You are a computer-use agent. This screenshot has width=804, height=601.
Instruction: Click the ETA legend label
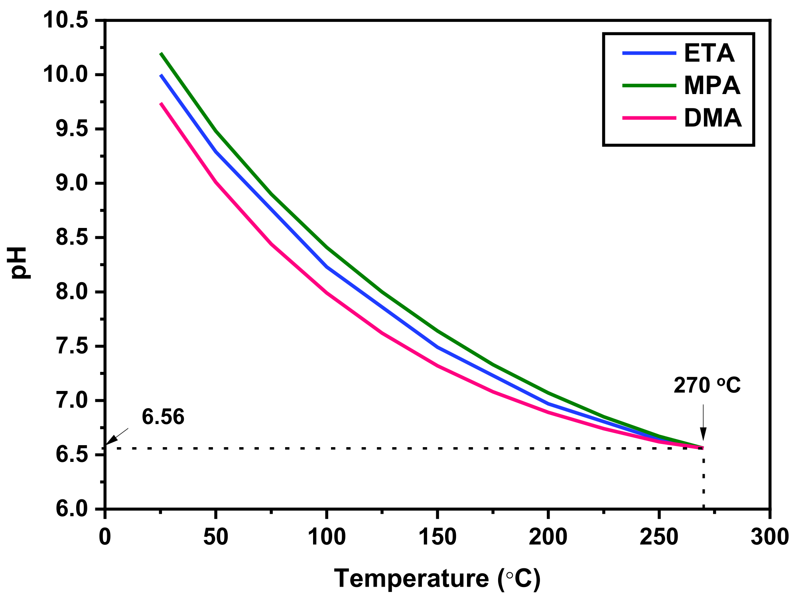pyautogui.click(x=709, y=53)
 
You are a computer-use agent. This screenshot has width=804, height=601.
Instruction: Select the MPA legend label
pyautogui.click(x=712, y=85)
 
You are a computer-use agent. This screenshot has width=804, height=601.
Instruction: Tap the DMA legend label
pyautogui.click(x=713, y=118)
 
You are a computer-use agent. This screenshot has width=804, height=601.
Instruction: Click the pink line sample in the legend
pyautogui.click(x=649, y=118)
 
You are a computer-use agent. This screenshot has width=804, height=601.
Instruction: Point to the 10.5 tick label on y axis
pyautogui.click(x=66, y=20)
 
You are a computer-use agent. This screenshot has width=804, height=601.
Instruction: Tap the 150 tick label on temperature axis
pyautogui.click(x=437, y=537)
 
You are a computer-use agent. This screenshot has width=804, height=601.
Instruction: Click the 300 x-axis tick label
pyautogui.click(x=770, y=537)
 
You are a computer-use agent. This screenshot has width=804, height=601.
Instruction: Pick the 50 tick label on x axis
pyautogui.click(x=215, y=537)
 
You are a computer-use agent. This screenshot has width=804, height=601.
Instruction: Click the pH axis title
pyautogui.click(x=19, y=263)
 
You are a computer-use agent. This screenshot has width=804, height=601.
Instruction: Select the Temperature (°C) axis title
pyautogui.click(x=437, y=578)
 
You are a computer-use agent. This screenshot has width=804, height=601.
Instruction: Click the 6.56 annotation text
pyautogui.click(x=163, y=417)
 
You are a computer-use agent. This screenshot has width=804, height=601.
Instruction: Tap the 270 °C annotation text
pyautogui.click(x=707, y=385)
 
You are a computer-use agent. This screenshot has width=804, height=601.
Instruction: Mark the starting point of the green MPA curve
pyautogui.click(x=161, y=53)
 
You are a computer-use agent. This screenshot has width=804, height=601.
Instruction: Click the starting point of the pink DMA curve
pyautogui.click(x=161, y=103)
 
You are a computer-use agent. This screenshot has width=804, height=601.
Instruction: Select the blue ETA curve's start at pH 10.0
pyautogui.click(x=161, y=75)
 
